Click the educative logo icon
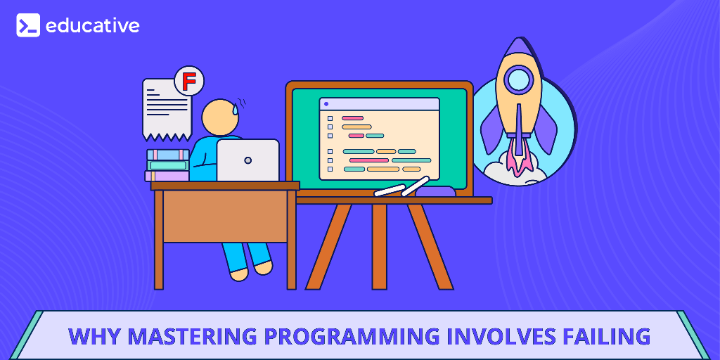(x=28, y=25)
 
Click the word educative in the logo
(x=92, y=26)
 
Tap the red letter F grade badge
(x=188, y=82)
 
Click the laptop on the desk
(x=247, y=160)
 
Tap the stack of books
(x=167, y=165)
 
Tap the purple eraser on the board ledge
(x=435, y=191)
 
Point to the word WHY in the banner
(x=89, y=336)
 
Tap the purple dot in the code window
(x=326, y=104)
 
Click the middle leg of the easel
(x=379, y=246)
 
